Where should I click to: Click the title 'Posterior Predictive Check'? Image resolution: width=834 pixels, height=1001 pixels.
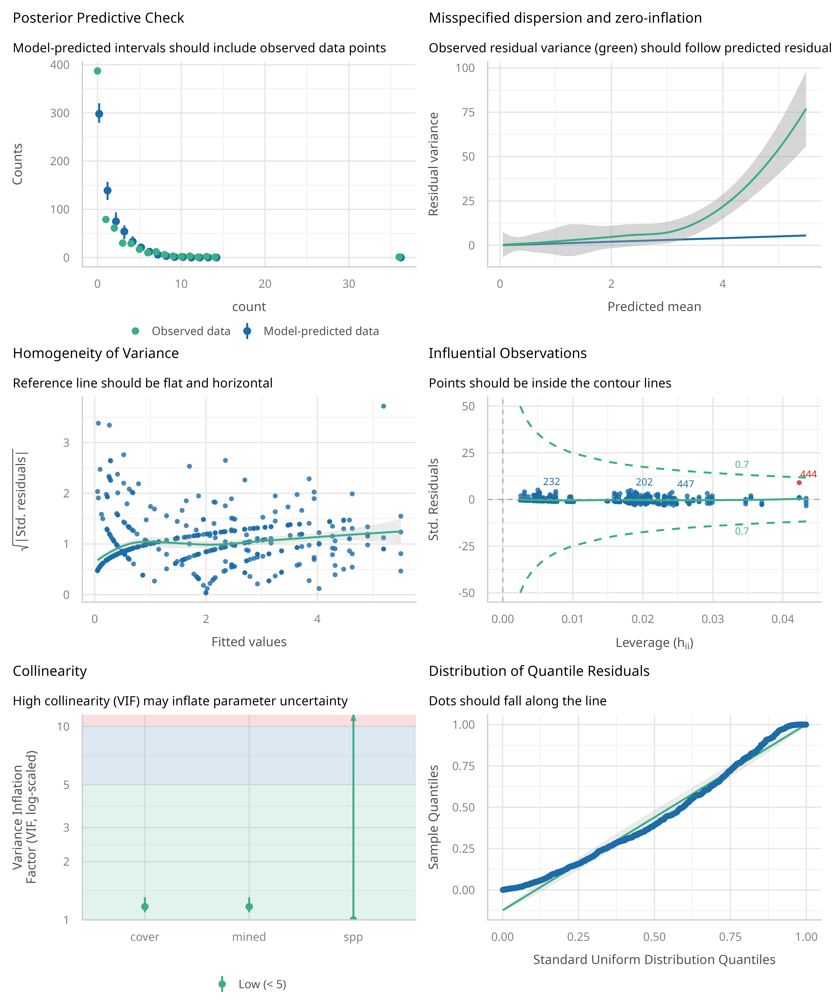point(98,18)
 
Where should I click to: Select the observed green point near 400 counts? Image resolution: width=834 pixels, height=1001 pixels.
point(97,71)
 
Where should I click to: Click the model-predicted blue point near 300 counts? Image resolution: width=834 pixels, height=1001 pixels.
point(99,114)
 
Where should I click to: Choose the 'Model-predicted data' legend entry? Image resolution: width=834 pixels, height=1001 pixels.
point(321,331)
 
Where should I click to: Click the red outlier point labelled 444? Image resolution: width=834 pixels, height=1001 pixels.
point(799,482)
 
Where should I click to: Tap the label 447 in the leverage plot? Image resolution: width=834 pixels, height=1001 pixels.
point(685,484)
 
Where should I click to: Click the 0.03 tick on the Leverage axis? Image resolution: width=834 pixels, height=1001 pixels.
point(713,619)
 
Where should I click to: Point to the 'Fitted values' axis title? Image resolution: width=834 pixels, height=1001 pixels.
point(249,642)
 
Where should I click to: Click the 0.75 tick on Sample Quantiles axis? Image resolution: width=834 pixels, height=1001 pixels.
point(463,766)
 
